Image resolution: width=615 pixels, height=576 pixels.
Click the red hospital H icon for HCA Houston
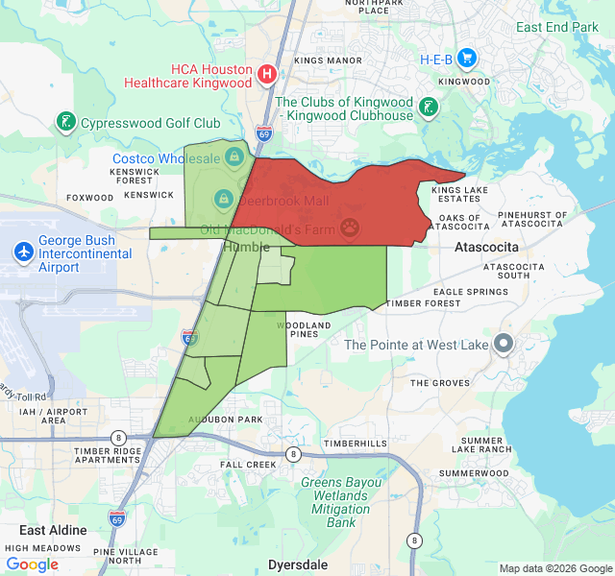pyautogui.click(x=268, y=73)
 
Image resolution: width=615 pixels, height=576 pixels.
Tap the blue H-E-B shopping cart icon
pyautogui.click(x=467, y=59)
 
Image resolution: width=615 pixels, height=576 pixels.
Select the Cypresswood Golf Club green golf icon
pyautogui.click(x=66, y=122)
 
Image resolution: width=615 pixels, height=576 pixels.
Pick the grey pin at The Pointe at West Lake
pyautogui.click(x=503, y=344)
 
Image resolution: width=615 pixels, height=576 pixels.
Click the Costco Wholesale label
pyautogui.click(x=167, y=158)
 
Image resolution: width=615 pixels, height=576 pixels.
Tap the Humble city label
pyautogui.click(x=245, y=247)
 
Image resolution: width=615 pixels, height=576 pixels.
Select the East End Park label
pyautogui.click(x=556, y=27)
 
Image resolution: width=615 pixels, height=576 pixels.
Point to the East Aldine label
pyautogui.click(x=53, y=530)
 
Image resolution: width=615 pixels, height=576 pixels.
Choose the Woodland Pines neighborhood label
pyautogui.click(x=304, y=329)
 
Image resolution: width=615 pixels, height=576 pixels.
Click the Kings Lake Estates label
pyautogui.click(x=459, y=195)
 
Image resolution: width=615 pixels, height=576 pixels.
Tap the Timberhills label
pyautogui.click(x=355, y=443)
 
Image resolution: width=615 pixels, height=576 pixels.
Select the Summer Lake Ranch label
pyautogui.click(x=481, y=444)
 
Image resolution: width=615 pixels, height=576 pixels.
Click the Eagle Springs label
pyautogui.click(x=471, y=291)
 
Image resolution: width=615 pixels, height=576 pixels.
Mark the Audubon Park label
pyautogui.click(x=225, y=420)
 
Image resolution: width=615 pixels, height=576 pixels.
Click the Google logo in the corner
pyautogui.click(x=33, y=564)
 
